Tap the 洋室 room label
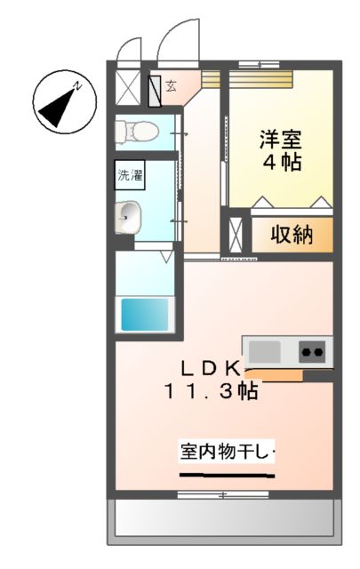click(280, 140)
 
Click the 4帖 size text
click(280, 164)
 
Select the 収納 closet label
click(292, 235)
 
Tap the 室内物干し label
click(228, 452)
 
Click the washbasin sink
click(129, 215)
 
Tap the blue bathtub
click(144, 314)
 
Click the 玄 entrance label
click(170, 85)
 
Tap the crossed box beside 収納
click(236, 233)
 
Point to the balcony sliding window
click(222, 493)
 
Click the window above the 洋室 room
click(259, 64)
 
